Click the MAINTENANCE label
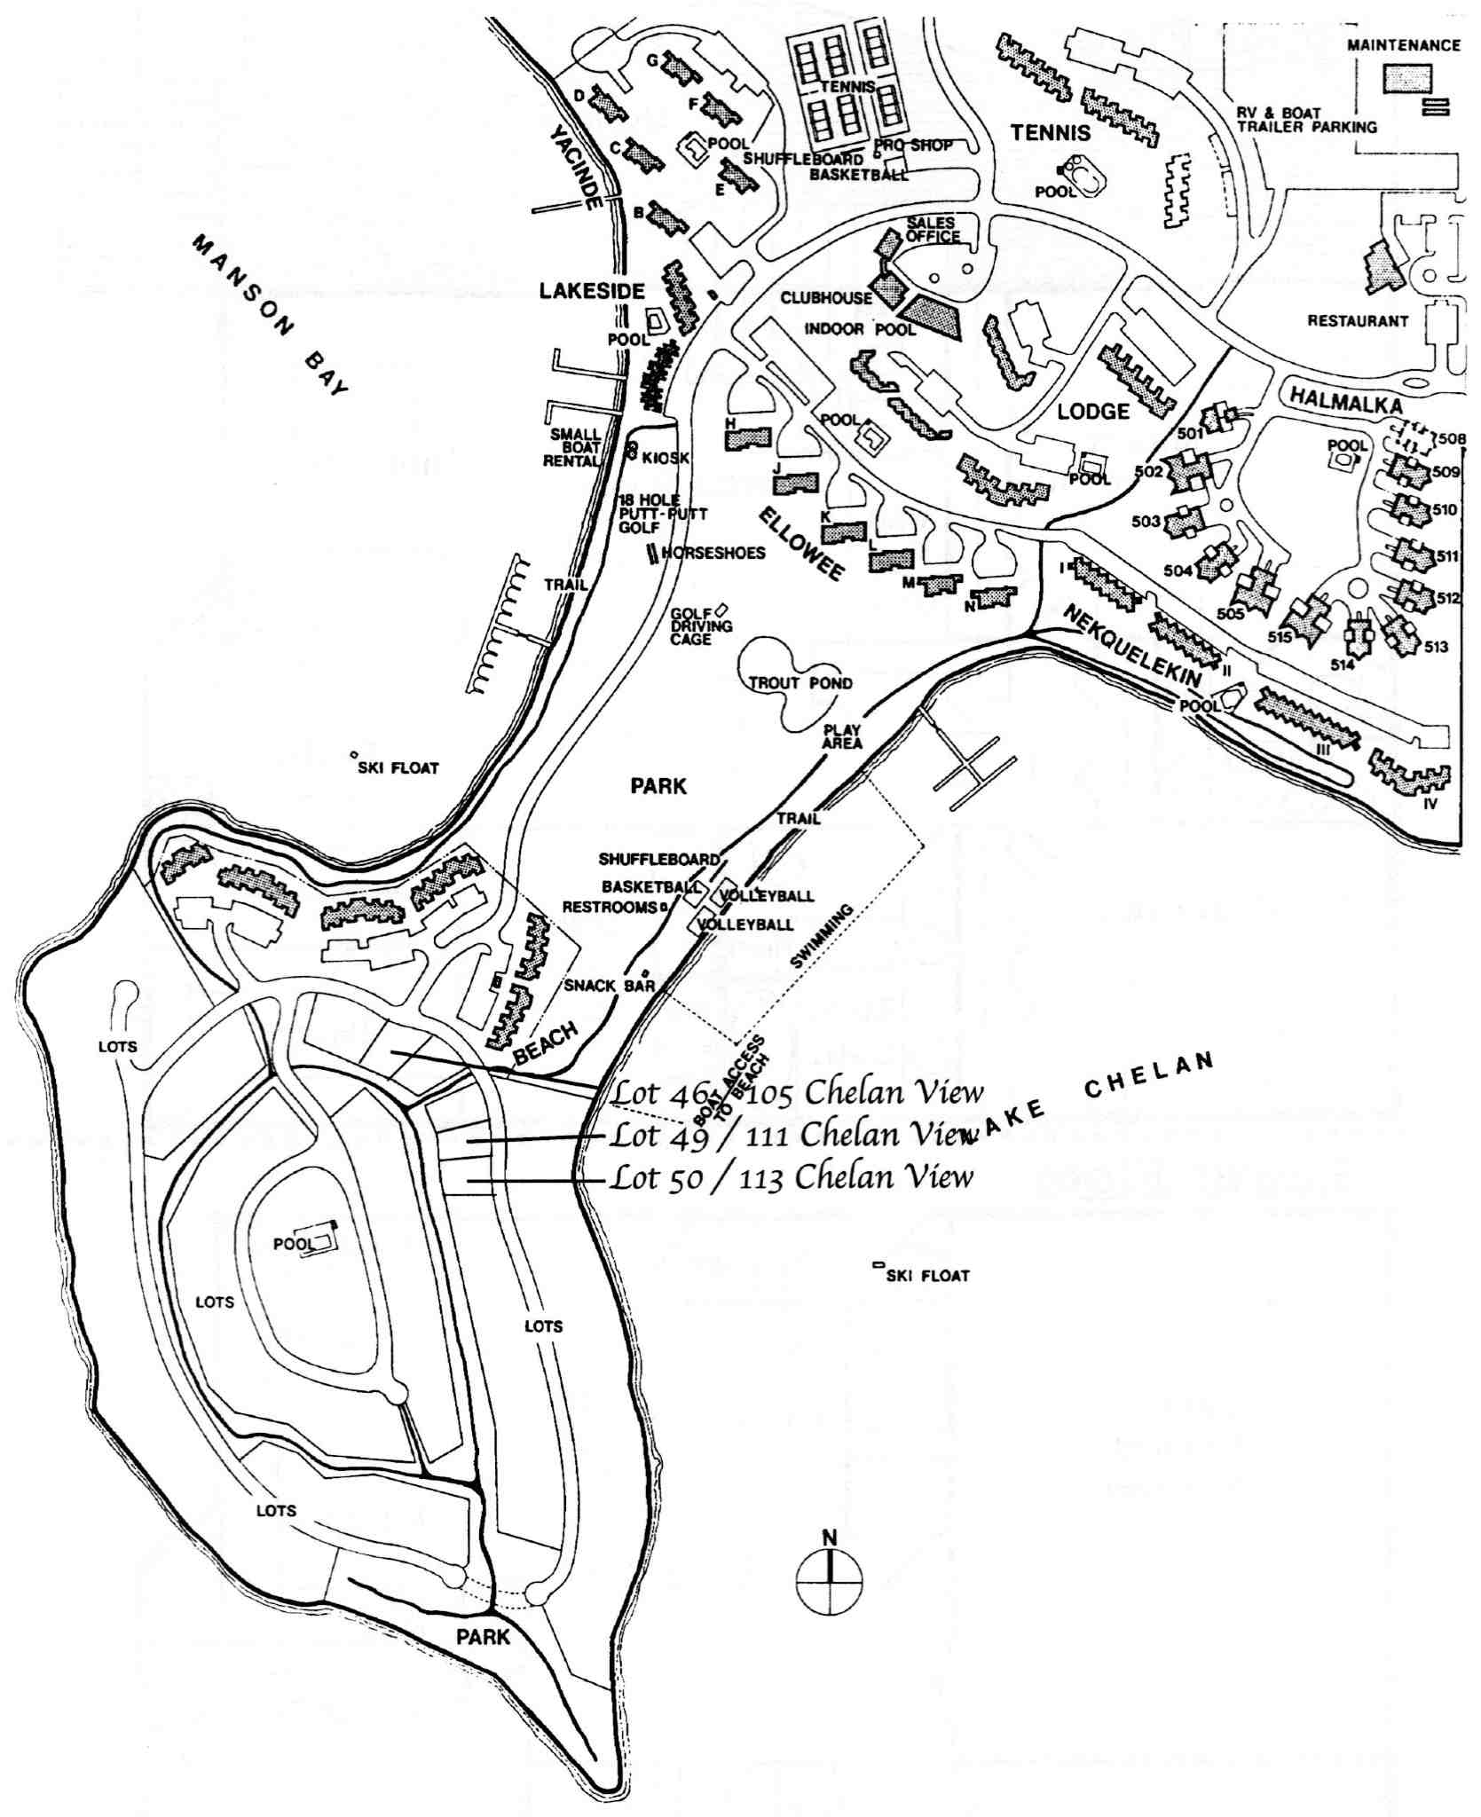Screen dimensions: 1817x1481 point(1403,45)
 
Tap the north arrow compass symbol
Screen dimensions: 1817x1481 point(830,1577)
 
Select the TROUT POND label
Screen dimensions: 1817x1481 point(800,683)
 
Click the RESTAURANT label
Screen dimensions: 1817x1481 point(1358,321)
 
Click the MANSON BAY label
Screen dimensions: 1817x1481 point(272,315)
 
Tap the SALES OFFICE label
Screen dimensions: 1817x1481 point(933,230)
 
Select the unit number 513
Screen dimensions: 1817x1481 point(1436,647)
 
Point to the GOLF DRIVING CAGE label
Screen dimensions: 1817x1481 point(701,626)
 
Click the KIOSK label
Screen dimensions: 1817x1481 point(665,458)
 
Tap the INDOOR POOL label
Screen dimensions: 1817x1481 point(859,330)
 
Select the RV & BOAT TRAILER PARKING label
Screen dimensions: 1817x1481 point(1306,120)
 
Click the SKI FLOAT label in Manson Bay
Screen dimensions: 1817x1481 point(398,768)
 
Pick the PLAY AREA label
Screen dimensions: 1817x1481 point(841,737)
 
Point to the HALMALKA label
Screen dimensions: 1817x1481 point(1345,402)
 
